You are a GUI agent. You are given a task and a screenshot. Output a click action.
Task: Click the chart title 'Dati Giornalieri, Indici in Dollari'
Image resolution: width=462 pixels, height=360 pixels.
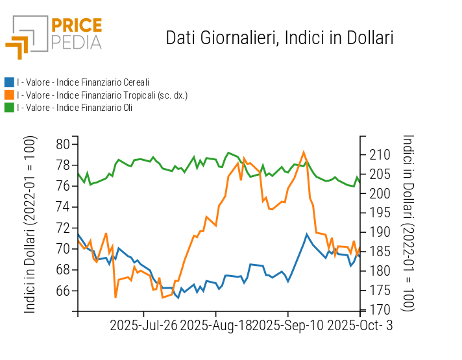pos(280,38)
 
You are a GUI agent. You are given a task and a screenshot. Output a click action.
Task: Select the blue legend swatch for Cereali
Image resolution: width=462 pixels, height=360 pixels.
pos(9,82)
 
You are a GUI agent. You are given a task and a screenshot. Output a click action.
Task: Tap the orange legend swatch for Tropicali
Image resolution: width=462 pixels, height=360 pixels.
pos(9,95)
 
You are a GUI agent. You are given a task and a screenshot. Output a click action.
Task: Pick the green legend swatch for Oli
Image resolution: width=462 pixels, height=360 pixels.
pos(9,107)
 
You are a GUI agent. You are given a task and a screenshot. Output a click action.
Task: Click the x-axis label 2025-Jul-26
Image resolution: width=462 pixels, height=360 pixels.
pos(143,324)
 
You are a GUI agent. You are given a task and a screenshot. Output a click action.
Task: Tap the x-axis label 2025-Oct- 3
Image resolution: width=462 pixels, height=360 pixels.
pos(359,324)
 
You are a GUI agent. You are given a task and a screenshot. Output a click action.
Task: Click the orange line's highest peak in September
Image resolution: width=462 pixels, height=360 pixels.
pos(304,152)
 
